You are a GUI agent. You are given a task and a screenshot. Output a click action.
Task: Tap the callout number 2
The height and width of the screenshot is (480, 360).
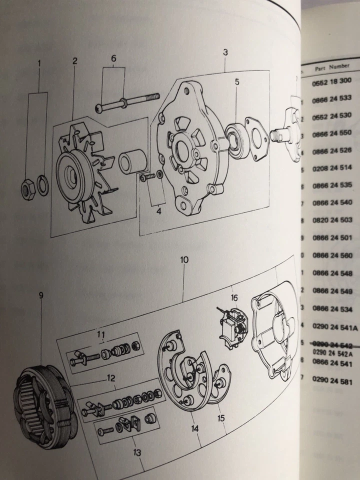(x=74, y=61)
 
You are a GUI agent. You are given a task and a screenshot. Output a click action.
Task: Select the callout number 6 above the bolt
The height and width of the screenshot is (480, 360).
(x=114, y=58)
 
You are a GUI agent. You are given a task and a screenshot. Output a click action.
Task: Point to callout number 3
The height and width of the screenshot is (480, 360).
(x=225, y=52)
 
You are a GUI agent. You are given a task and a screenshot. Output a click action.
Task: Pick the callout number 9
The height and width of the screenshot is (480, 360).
(x=41, y=295)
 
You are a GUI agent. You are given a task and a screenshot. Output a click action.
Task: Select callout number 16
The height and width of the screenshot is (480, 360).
(x=234, y=298)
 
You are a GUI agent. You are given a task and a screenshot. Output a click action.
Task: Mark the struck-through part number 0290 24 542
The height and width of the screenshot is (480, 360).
(x=332, y=344)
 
